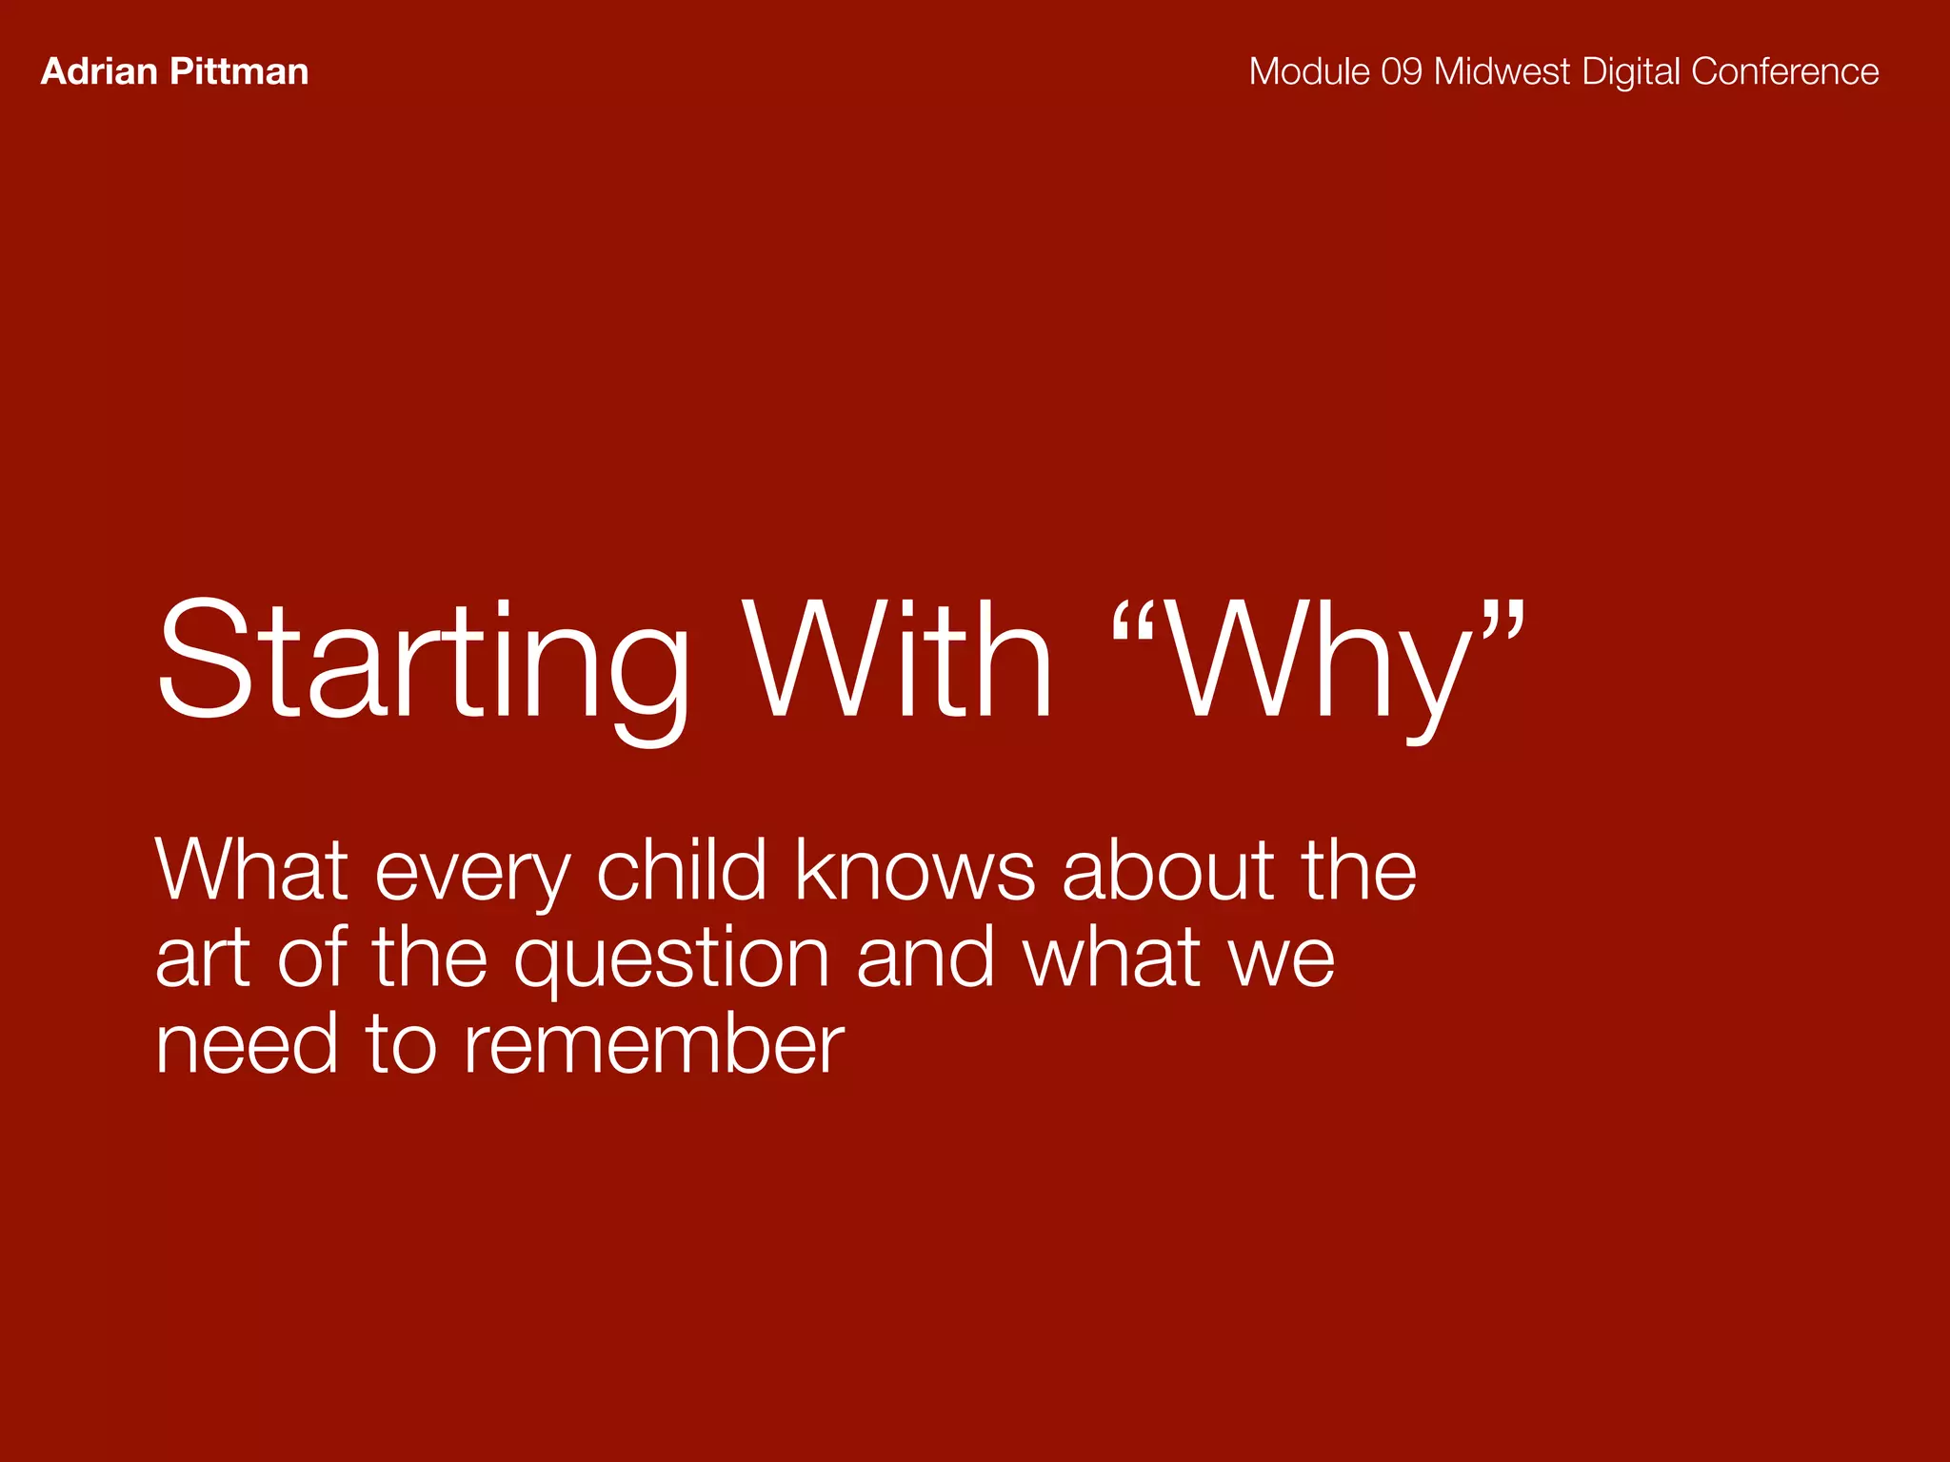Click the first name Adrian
tap(99, 72)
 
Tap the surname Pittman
tap(242, 72)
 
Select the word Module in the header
tap(1309, 72)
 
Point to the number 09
tap(1401, 72)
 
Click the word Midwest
tap(1502, 72)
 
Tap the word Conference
tap(1784, 72)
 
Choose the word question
tap(672, 959)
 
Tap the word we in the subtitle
tap(1282, 959)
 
